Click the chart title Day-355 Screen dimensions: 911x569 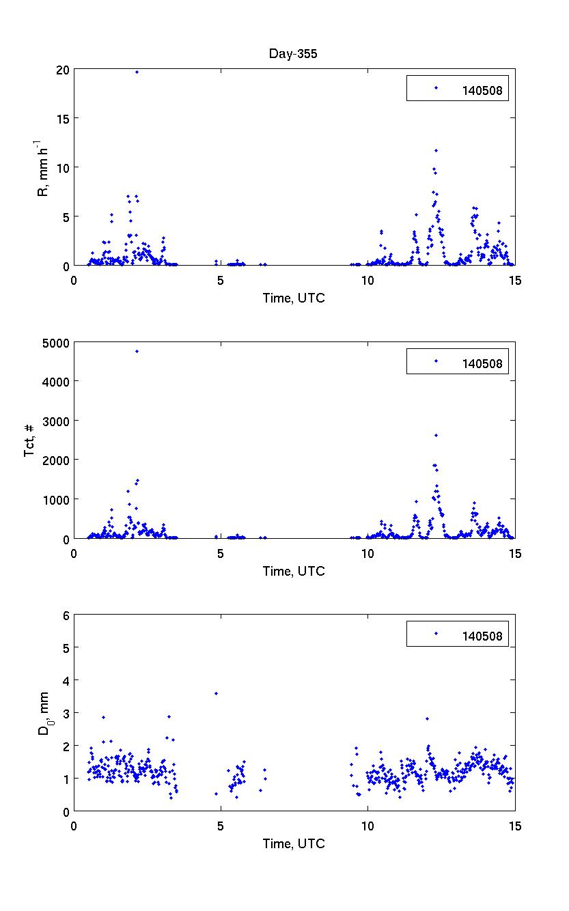click(x=293, y=55)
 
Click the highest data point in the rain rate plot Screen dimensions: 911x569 click(x=137, y=72)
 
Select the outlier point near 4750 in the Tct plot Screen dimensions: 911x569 click(x=137, y=351)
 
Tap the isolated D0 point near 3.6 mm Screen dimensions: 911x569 click(x=216, y=693)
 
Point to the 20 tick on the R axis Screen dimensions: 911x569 click(x=63, y=70)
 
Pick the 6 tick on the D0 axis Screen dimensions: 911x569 click(x=66, y=615)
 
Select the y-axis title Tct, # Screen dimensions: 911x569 click(x=29, y=440)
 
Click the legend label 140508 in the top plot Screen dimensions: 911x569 click(x=482, y=89)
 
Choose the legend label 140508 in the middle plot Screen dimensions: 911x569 click(x=482, y=363)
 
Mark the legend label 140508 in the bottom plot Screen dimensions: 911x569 click(x=482, y=636)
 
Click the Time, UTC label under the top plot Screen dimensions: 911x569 click(x=294, y=298)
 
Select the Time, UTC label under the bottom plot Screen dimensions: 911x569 click(x=294, y=844)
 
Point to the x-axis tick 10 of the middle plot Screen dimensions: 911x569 click(x=367, y=552)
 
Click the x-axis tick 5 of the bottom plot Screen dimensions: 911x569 click(x=221, y=825)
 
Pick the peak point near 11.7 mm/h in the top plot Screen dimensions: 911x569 click(x=436, y=150)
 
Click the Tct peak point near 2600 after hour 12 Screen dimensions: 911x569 click(x=436, y=435)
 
